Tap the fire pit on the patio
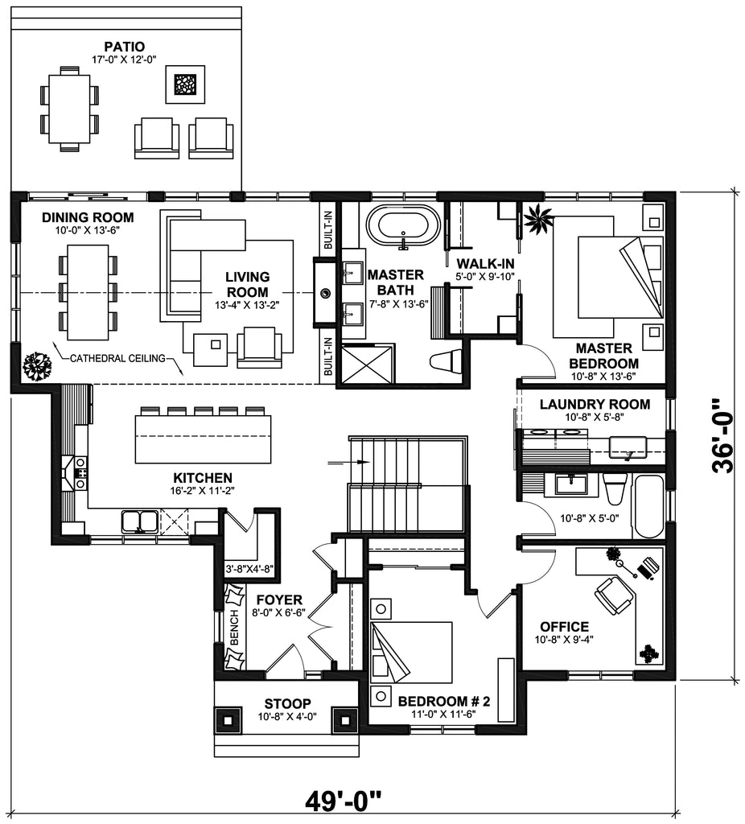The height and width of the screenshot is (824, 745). point(185,84)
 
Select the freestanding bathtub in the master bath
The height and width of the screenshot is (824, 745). point(403,225)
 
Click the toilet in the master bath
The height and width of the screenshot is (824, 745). point(446,362)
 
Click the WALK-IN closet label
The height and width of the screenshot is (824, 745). point(485,264)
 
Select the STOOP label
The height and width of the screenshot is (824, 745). point(286,703)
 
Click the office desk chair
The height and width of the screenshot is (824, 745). point(613,596)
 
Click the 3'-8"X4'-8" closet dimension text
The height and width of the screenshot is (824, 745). point(249,570)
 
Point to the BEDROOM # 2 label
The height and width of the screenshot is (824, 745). point(444,701)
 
